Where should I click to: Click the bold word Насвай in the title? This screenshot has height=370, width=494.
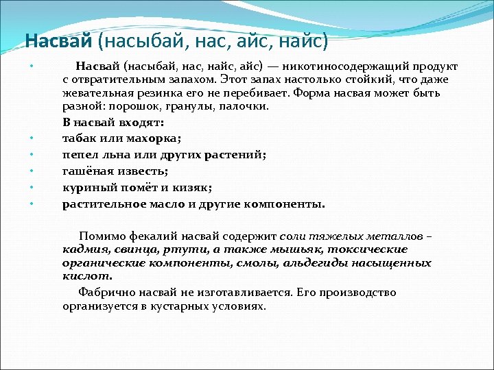tap(58, 42)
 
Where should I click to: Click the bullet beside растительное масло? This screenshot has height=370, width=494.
tap(32, 203)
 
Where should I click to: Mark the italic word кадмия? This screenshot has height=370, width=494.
tap(83, 249)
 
